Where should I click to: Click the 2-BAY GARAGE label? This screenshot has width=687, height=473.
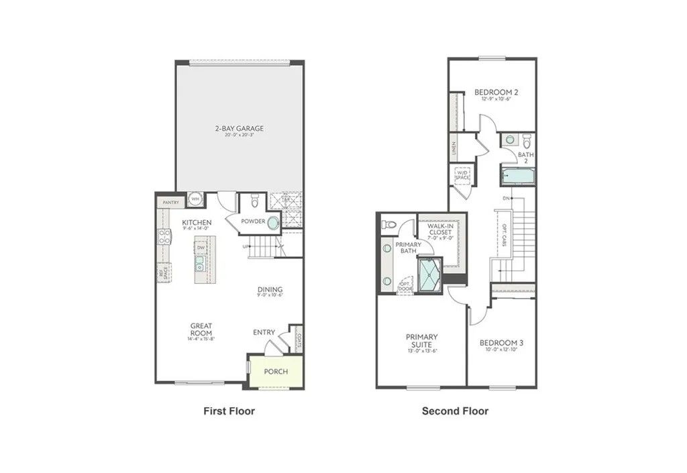coord(239,128)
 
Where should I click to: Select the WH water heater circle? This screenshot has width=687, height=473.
coord(195,199)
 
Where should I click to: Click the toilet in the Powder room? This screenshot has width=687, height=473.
coord(254,201)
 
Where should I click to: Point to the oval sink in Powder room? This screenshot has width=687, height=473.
coord(273,223)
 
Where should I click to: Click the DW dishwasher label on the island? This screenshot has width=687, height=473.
coord(201,248)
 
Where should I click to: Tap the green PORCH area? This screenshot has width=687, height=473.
coord(275,371)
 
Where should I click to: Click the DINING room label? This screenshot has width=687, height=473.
coord(270,291)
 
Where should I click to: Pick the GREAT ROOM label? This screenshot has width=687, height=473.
coord(201,329)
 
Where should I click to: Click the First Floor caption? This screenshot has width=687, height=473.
coord(229,411)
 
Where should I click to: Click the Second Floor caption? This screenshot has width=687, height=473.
coord(455,411)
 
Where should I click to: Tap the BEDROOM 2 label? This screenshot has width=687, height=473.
coord(496,92)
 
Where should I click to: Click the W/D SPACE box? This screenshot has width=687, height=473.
coord(463,176)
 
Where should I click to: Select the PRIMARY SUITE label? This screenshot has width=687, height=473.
coord(421,340)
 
